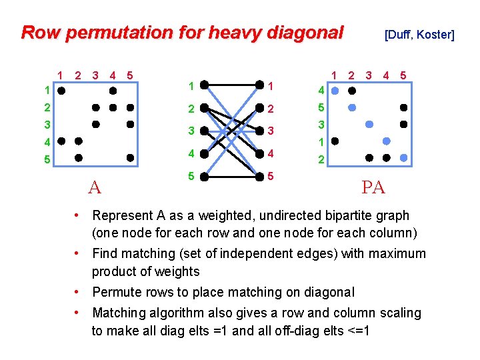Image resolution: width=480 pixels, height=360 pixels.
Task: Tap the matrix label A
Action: tap(95, 188)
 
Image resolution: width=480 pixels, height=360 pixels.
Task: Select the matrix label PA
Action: tap(373, 188)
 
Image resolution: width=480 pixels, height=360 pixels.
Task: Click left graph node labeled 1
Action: tap(205, 85)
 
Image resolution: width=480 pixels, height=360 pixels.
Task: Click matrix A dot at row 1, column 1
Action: tap(61, 89)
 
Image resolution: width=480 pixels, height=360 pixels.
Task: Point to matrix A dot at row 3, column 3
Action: tap(96, 124)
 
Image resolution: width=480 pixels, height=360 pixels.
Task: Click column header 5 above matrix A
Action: tap(129, 75)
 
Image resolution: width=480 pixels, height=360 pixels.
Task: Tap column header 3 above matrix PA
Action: tap(369, 75)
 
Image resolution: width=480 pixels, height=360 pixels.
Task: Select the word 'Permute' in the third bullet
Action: tap(115, 292)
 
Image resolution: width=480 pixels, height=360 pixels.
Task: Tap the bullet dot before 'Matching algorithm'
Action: tap(79, 312)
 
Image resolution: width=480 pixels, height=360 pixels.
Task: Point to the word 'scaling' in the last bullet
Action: tap(399, 313)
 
